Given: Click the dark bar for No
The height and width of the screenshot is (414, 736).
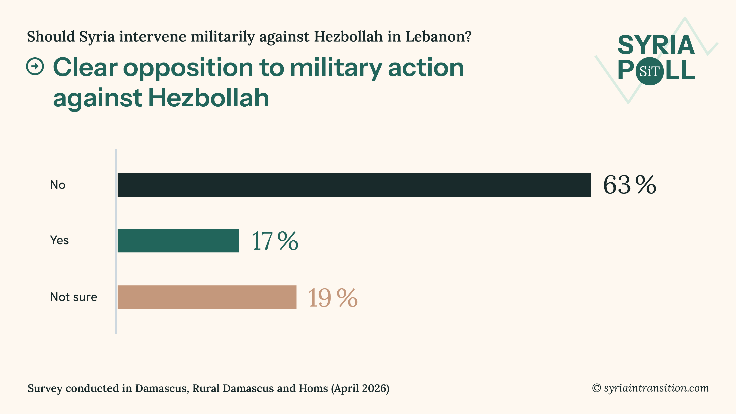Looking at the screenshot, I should pos(354,185).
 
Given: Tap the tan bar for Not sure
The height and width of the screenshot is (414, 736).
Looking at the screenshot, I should pos(207,297).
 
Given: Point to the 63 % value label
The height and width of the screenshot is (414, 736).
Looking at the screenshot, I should pos(629,185).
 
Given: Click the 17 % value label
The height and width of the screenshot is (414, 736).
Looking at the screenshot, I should pos(275,241).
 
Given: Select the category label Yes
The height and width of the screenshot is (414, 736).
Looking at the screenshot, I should pos(59,240).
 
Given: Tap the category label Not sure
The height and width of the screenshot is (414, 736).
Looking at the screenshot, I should pos(73,297).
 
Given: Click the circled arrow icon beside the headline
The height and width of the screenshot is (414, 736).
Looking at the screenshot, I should pos(35,67).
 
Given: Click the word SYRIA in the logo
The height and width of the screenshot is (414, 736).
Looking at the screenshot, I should pos(656,45).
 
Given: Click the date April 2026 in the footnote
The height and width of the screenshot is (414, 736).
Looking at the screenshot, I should pos(360,388).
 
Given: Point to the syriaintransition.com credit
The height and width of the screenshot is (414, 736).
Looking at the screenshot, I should pos(656,388).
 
